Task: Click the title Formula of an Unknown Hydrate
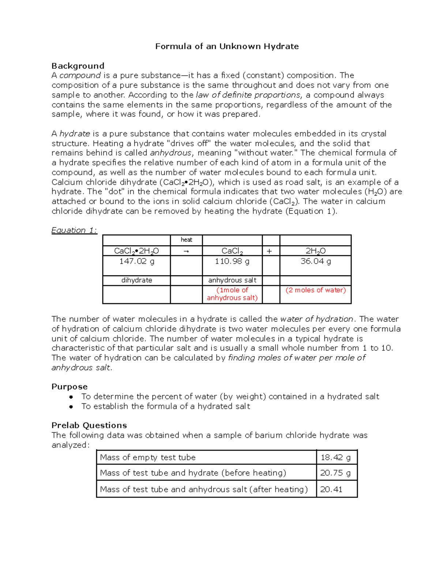(x=227, y=46)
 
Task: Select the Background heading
(x=78, y=66)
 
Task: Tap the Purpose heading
(x=69, y=387)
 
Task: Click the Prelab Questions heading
(x=89, y=425)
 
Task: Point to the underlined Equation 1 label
(x=74, y=230)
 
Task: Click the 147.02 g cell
(x=136, y=261)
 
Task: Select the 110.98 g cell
(x=232, y=261)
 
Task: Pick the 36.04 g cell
(x=315, y=261)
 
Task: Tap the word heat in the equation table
(x=186, y=240)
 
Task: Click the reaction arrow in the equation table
(x=186, y=251)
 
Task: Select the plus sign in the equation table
(x=270, y=251)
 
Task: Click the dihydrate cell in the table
(x=136, y=280)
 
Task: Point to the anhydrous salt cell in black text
(x=232, y=280)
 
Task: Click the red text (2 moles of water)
(x=315, y=290)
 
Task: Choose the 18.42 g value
(x=335, y=458)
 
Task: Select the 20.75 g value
(x=335, y=473)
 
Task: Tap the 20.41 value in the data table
(x=331, y=489)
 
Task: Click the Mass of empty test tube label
(x=148, y=458)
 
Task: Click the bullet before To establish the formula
(x=71, y=406)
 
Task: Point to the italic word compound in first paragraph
(x=80, y=75)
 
